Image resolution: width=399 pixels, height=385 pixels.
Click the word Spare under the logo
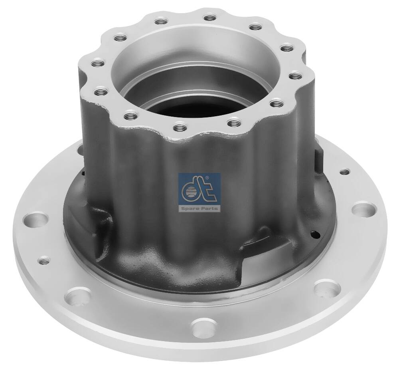pos(191,208)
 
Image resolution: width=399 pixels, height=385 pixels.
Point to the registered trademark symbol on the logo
pos(218,177)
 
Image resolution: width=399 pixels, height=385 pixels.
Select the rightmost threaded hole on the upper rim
pos(293,75)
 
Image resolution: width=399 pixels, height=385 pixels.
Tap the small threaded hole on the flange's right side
pos(343,173)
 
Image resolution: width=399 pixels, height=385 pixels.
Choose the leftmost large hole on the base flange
pos(33,220)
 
